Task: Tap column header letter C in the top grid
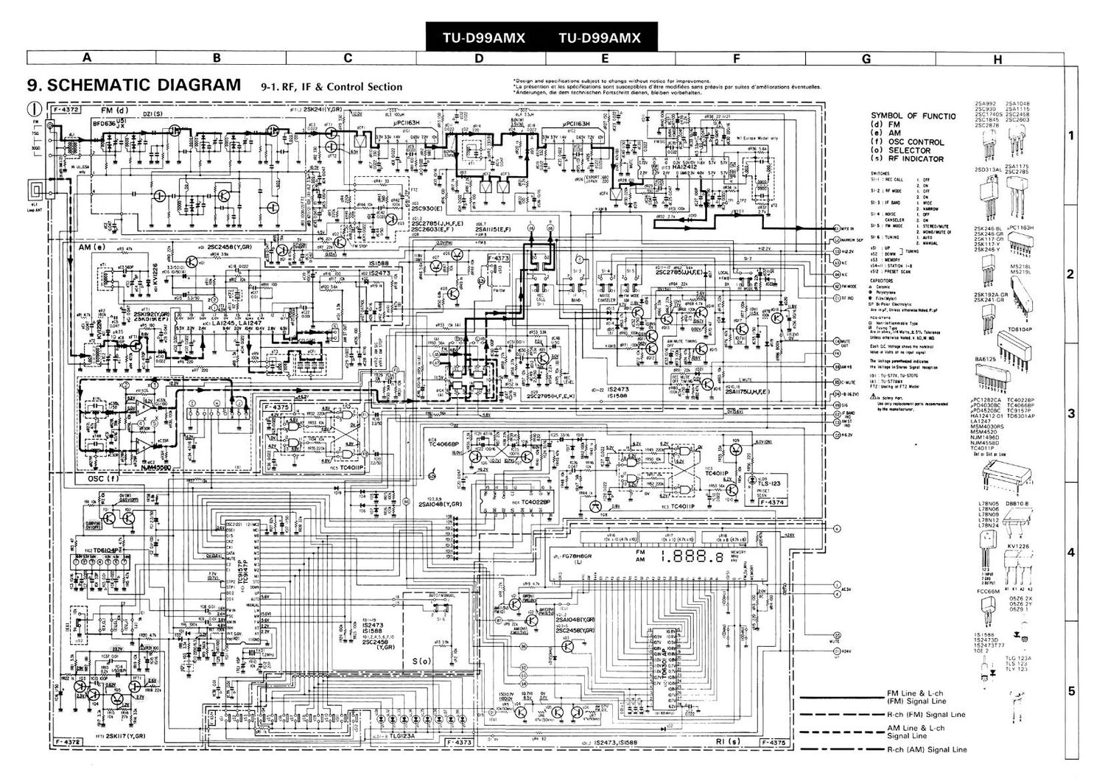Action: [348, 58]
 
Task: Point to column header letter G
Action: [866, 58]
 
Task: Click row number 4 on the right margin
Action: [1071, 553]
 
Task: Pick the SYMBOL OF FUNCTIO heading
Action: [913, 116]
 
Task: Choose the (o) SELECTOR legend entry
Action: [906, 150]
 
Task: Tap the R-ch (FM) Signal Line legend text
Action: [926, 715]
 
